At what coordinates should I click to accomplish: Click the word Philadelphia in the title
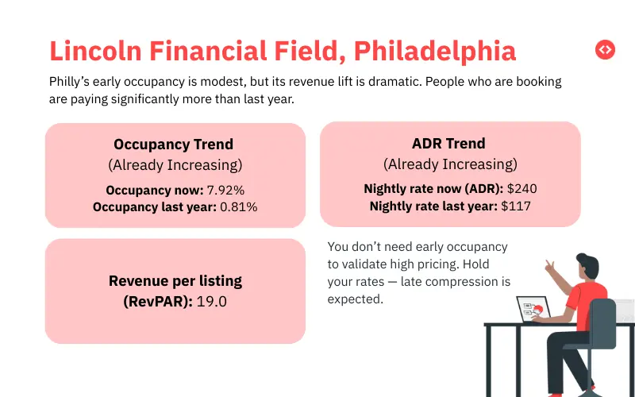coord(435,51)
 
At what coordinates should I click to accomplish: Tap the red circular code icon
coord(605,49)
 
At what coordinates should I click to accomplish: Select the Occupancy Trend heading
coord(174,145)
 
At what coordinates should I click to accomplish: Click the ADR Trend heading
coord(449,144)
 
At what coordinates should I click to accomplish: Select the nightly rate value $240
coord(522,190)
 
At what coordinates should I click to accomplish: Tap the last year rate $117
coord(516,206)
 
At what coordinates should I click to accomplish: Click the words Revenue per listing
coord(175,281)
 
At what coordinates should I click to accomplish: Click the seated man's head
coord(587,265)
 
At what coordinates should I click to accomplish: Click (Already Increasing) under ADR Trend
coord(449,164)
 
